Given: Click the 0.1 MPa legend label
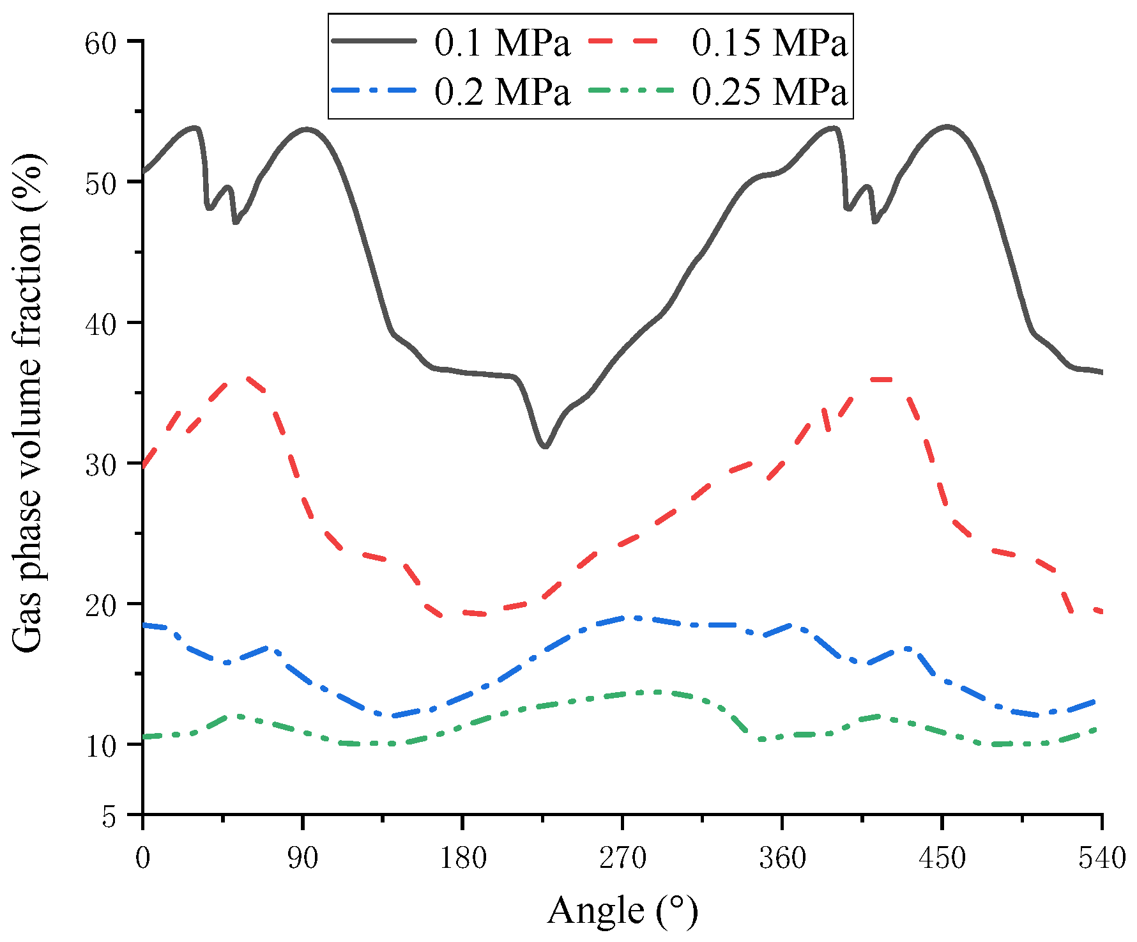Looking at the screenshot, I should (502, 44).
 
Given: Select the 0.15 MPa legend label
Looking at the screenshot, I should (770, 44).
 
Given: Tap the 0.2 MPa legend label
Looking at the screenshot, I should (502, 93).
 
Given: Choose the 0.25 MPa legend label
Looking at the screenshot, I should (770, 93).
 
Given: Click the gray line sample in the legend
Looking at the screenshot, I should (375, 40).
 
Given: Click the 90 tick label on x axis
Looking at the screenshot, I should (303, 858).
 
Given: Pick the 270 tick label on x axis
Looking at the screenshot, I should (622, 858).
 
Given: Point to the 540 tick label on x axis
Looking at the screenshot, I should (1101, 858).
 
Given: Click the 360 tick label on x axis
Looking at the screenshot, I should (782, 858).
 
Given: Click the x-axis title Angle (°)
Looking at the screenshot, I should (622, 910).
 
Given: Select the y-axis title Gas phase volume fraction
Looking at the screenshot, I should (28, 403).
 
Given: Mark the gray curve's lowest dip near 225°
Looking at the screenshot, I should (545, 446).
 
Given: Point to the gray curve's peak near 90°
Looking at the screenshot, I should (307, 129).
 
